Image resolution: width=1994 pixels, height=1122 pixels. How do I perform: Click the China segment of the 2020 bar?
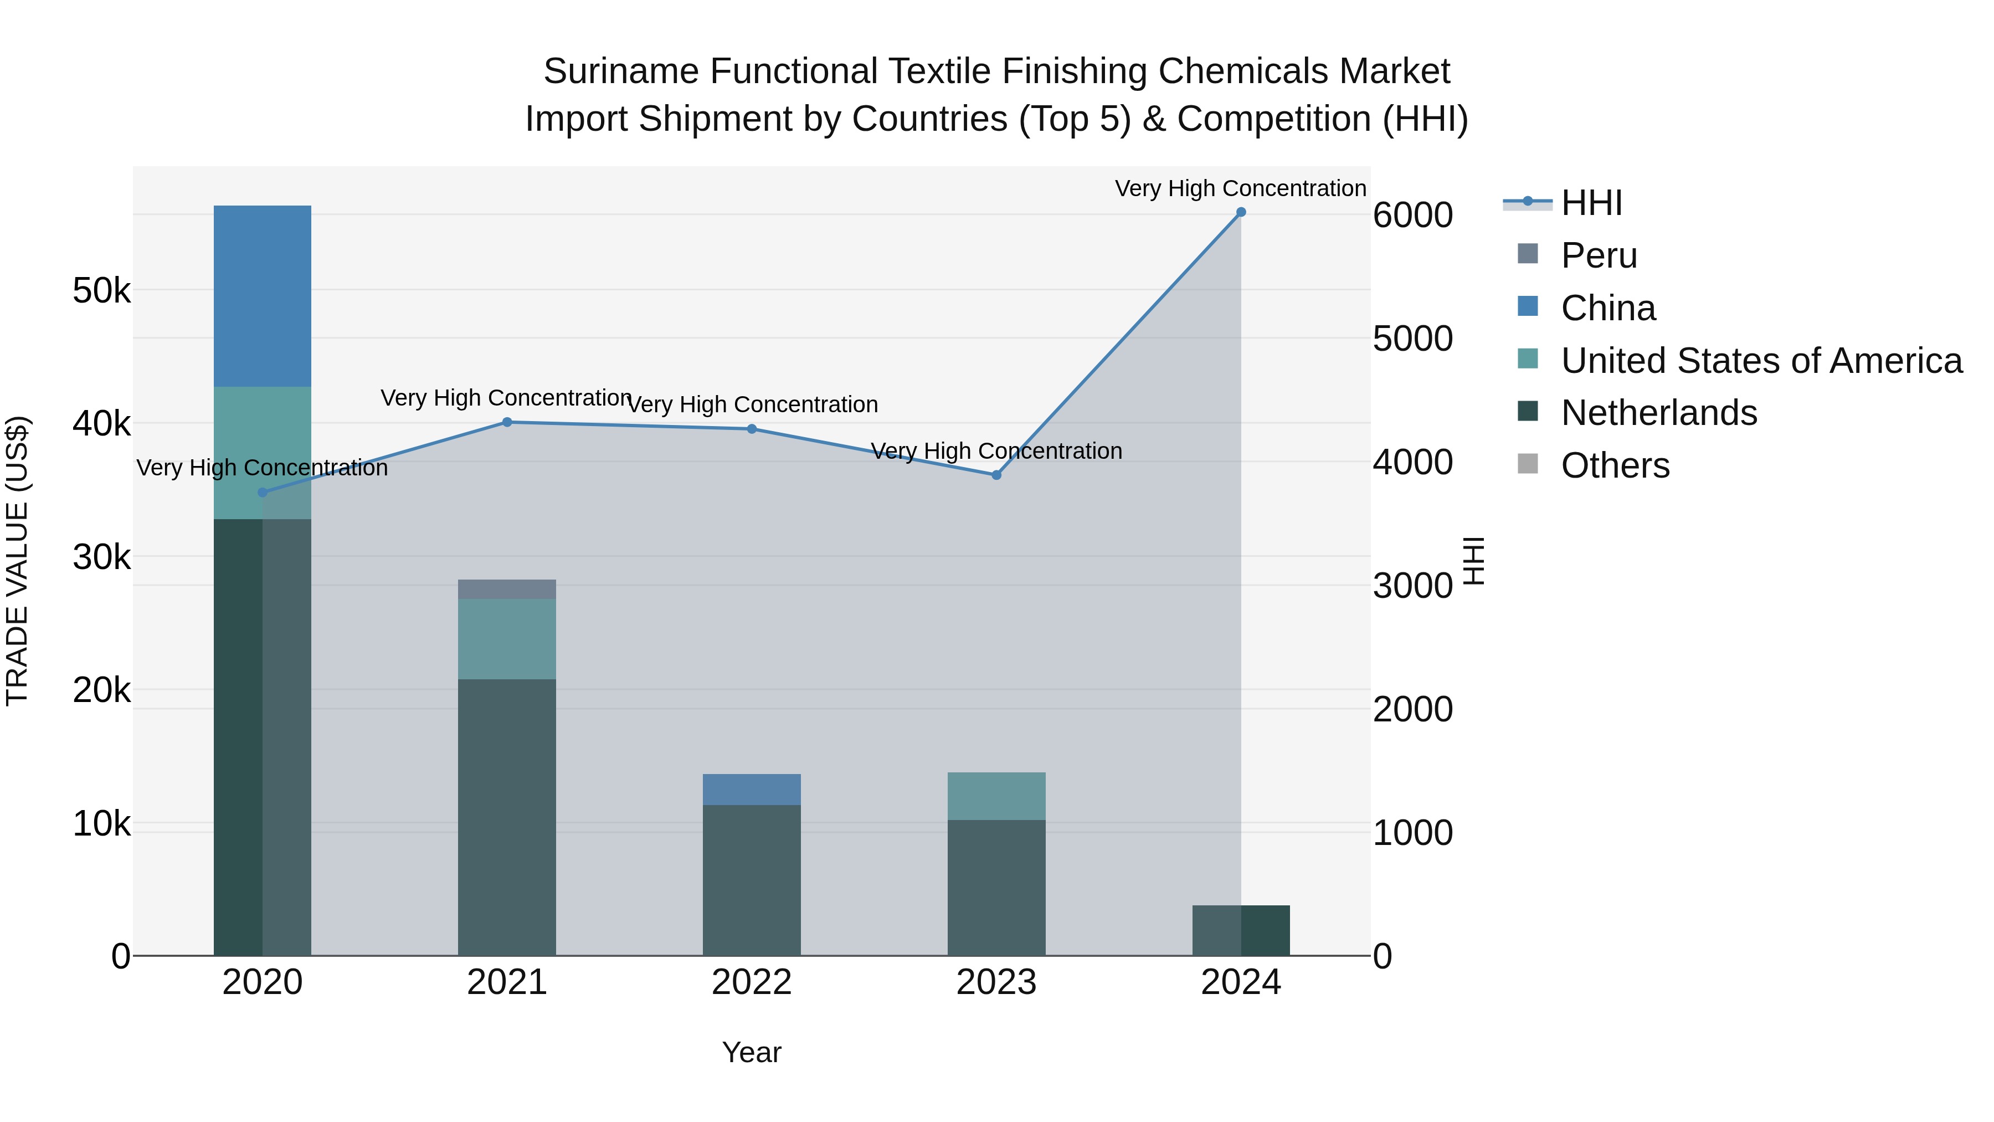(263, 296)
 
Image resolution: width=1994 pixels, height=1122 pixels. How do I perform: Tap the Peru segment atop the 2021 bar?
(507, 590)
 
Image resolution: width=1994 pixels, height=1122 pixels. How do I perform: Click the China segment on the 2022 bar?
(752, 789)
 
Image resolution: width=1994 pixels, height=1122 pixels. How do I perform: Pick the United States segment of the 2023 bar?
(996, 796)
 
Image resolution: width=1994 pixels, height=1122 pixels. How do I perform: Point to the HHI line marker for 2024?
(1241, 212)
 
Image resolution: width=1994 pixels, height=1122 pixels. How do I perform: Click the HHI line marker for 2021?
(507, 422)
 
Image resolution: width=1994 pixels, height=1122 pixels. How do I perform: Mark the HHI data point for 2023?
(996, 475)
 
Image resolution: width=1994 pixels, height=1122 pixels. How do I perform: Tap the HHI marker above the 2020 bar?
(263, 493)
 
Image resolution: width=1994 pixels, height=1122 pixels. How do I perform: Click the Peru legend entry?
(1599, 255)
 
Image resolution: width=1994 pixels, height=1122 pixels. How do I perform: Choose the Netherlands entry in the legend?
(1658, 413)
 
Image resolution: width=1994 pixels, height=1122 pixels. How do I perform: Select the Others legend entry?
(1615, 465)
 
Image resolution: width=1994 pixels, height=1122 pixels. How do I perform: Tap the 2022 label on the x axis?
(752, 982)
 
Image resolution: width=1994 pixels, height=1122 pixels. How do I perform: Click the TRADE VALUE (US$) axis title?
(17, 561)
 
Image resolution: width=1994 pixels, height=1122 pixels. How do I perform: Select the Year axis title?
(752, 1052)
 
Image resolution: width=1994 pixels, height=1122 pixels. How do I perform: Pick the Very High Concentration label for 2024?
(1240, 188)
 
